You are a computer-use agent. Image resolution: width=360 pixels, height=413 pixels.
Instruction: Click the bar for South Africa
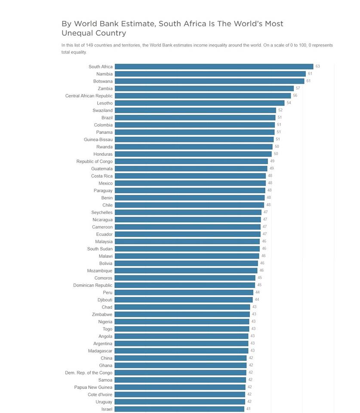point(214,66)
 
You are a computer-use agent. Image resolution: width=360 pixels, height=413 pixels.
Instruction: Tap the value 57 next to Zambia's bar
point(298,88)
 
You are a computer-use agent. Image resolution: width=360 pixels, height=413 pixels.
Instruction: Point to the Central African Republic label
point(89,96)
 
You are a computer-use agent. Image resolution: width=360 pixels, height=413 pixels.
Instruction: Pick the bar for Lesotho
point(200,103)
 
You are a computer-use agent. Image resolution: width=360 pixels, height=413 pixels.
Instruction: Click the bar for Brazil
point(195,117)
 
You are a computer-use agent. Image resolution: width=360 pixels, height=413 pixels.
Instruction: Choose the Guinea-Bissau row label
point(98,139)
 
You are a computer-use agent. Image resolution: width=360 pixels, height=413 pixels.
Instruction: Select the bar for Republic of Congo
point(191,161)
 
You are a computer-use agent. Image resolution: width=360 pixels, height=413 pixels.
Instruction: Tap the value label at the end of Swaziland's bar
point(280,110)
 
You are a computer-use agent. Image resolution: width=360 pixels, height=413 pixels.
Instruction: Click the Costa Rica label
point(102,176)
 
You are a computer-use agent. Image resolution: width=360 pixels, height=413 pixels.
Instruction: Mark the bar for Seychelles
point(188,212)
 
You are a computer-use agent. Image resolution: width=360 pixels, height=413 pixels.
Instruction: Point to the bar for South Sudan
point(187,249)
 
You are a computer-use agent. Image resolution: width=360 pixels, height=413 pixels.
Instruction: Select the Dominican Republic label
point(93,285)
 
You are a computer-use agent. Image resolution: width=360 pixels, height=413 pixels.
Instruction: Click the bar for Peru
point(184,293)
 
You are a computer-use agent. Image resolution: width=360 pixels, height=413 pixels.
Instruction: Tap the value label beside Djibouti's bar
point(257,300)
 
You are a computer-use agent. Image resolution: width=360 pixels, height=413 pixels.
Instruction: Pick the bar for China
point(181,358)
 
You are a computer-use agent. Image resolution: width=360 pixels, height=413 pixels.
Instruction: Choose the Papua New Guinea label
point(93,387)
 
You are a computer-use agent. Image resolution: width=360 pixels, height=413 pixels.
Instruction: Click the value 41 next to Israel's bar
point(249,409)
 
